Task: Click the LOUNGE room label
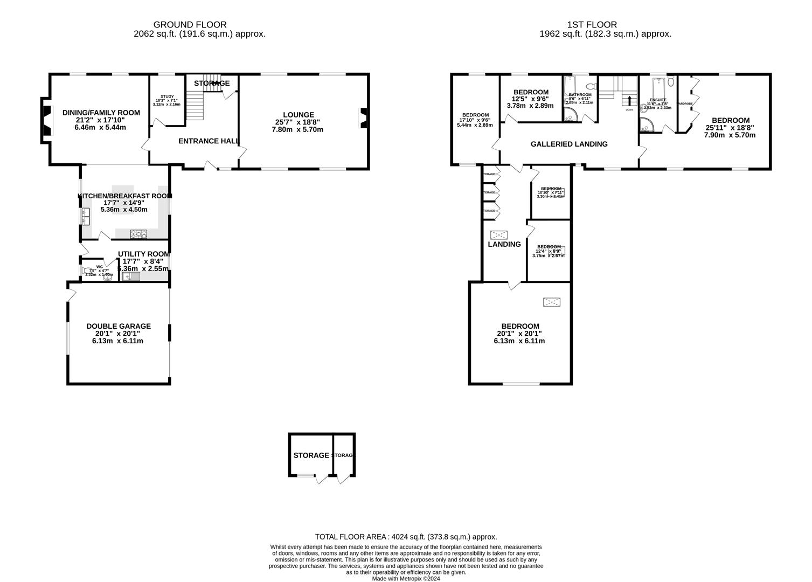pyautogui.click(x=298, y=115)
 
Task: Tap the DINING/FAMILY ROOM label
pyautogui.click(x=101, y=113)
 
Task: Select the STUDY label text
pyautogui.click(x=159, y=96)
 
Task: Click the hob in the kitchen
pyautogui.click(x=138, y=233)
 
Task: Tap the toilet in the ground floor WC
pyautogui.click(x=86, y=271)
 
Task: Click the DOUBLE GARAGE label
pyautogui.click(x=119, y=326)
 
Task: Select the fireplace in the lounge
pyautogui.click(x=364, y=118)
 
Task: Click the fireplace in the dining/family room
pyautogui.click(x=47, y=121)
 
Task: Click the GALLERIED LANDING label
pyautogui.click(x=569, y=144)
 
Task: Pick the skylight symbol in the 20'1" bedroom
pyautogui.click(x=551, y=302)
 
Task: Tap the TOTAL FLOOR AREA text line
pyautogui.click(x=406, y=537)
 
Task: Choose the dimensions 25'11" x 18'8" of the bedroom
pyautogui.click(x=730, y=128)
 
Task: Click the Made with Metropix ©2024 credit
pyautogui.click(x=406, y=579)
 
